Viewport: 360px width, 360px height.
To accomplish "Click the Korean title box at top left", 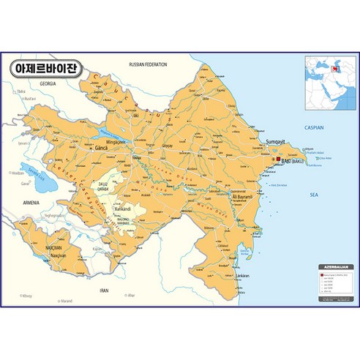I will coord(48,70).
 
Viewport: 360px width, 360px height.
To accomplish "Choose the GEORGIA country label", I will coord(48,84).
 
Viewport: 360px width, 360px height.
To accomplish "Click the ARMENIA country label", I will coord(31,202).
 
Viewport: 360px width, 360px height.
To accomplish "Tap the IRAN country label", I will coord(104,290).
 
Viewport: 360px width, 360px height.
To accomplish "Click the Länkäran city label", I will coord(242,275).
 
